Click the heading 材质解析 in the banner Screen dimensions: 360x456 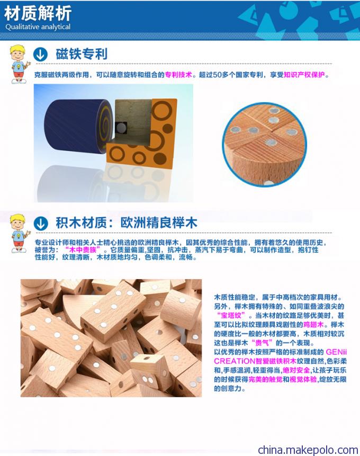pyautogui.click(x=38, y=14)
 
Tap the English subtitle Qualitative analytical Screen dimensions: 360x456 pyautogui.click(x=38, y=27)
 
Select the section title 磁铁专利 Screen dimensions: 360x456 pyautogui.click(x=82, y=54)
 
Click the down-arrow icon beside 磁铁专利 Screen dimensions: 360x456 pyautogui.click(x=40, y=54)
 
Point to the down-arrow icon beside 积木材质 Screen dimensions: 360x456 pyautogui.click(x=41, y=223)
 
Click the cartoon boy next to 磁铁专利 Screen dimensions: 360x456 pyautogui.click(x=20, y=64)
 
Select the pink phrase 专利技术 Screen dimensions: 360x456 pyautogui.click(x=178, y=75)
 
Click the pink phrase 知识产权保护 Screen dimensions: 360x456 pyautogui.click(x=304, y=75)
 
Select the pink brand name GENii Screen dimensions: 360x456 pyautogui.click(x=336, y=352)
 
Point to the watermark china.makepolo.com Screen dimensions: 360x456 pyautogui.click(x=308, y=450)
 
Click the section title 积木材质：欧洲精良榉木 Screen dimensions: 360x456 pyautogui.click(x=127, y=223)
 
